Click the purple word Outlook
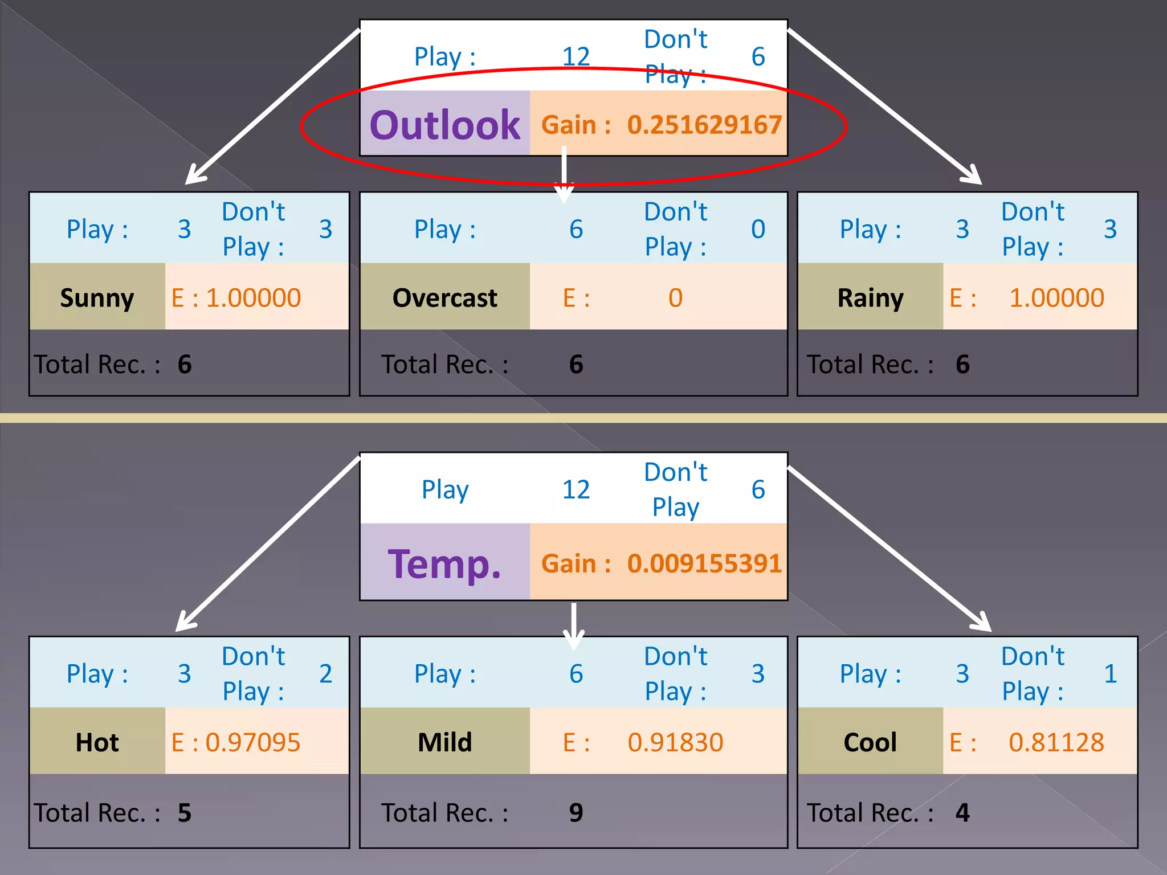pos(444,125)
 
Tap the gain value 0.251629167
pos(704,125)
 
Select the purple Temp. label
pos(444,564)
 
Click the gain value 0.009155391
pos(704,564)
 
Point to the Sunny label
pos(97,298)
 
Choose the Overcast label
pos(444,298)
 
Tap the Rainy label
pos(870,298)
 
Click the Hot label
pos(97,742)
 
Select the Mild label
pos(444,742)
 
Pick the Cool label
pos(870,742)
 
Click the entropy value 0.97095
pos(252,742)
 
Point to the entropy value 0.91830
pos(675,742)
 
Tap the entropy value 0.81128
pos(1056,742)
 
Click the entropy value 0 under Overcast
pos(675,298)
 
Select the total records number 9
pos(576,813)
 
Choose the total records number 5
pos(185,813)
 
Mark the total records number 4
pos(962,813)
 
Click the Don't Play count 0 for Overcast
pos(758,230)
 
